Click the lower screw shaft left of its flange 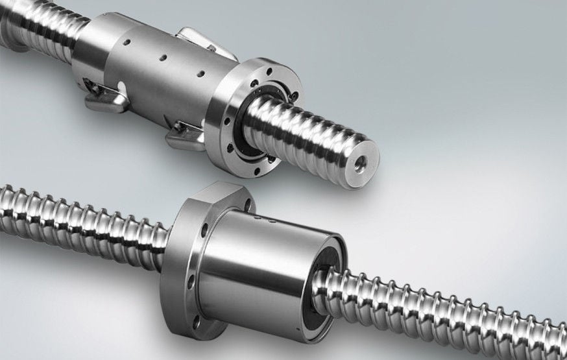84,221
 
